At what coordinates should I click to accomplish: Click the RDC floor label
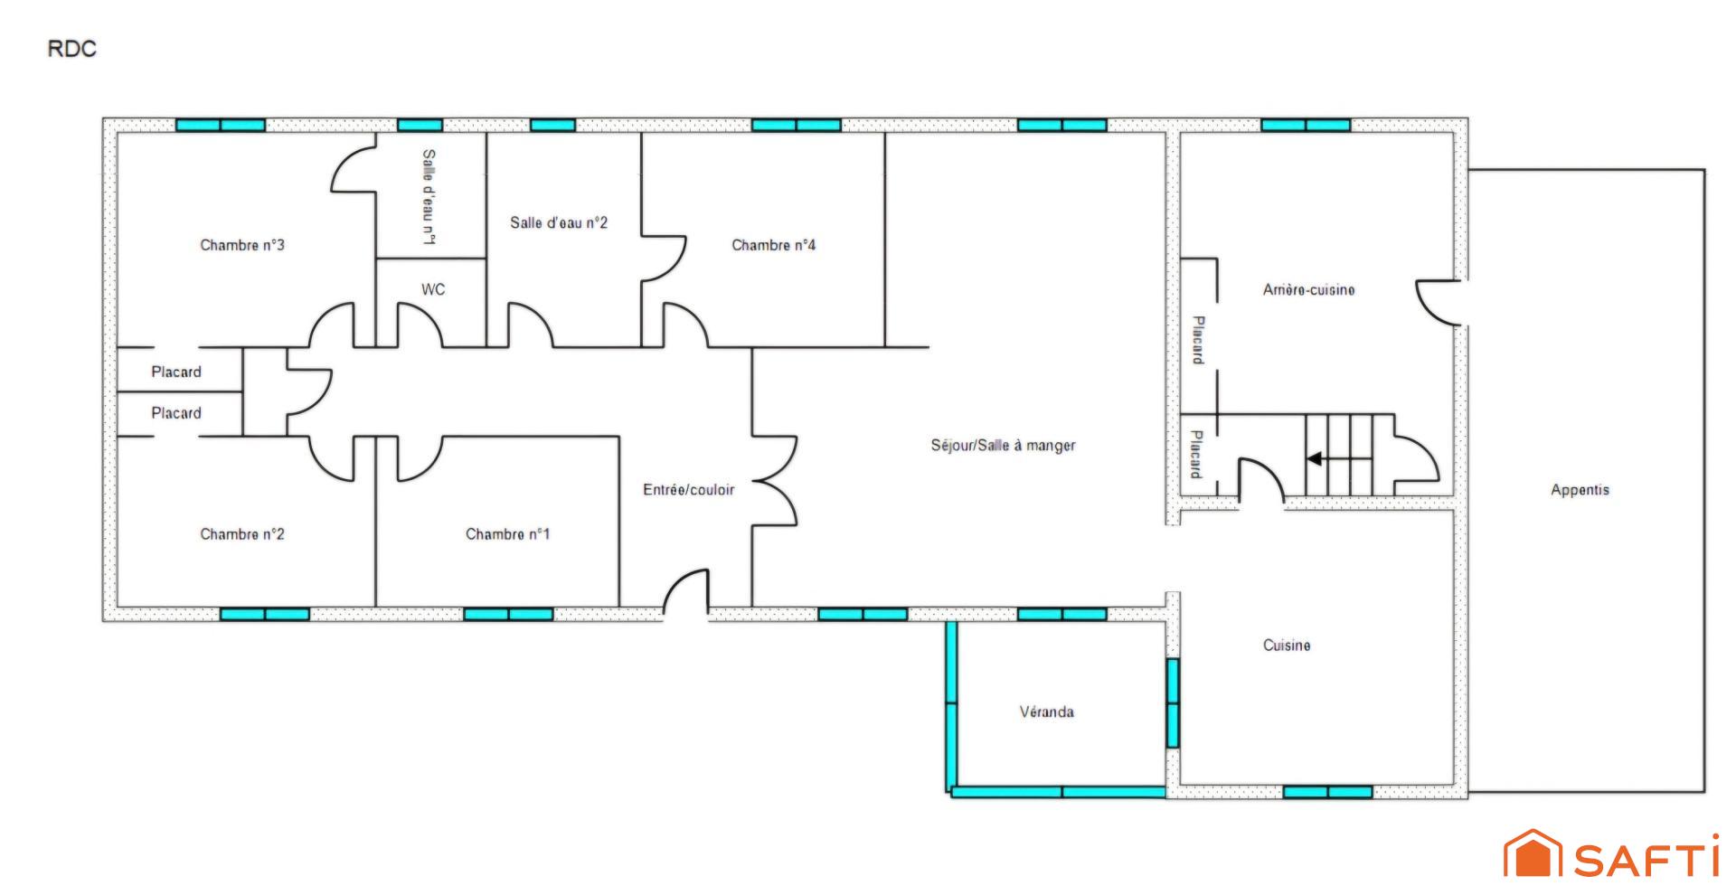(x=71, y=49)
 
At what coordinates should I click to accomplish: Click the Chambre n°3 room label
(x=242, y=245)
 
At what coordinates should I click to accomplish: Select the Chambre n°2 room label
(x=242, y=534)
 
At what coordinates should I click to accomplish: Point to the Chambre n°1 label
(x=507, y=534)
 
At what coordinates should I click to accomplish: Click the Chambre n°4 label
(x=773, y=245)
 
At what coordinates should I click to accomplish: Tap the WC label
(x=433, y=289)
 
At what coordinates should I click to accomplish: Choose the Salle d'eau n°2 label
(x=559, y=222)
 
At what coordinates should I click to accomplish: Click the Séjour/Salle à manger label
(x=1003, y=445)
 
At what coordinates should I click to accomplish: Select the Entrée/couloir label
(x=688, y=489)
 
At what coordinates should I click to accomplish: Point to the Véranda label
(x=1046, y=711)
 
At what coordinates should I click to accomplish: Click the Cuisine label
(x=1286, y=645)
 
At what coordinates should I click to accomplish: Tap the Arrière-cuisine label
(x=1308, y=289)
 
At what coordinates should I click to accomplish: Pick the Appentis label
(x=1580, y=489)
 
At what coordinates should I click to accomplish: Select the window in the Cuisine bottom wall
(x=1327, y=792)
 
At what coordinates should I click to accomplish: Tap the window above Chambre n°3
(x=221, y=125)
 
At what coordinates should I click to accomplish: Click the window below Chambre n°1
(x=508, y=614)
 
